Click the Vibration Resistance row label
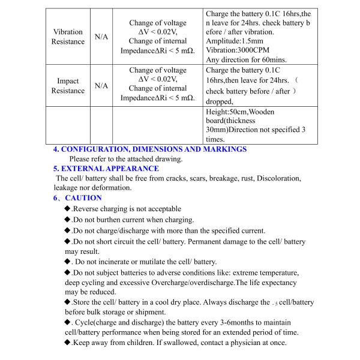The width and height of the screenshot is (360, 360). point(68,37)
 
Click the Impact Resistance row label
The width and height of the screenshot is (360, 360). point(68,86)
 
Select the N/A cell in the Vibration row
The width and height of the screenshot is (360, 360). point(101,37)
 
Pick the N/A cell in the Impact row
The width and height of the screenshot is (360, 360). point(101,86)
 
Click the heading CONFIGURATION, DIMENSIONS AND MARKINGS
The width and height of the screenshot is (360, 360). point(150,149)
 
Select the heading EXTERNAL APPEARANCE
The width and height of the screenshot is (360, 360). point(106,169)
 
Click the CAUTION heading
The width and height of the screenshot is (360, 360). point(83,197)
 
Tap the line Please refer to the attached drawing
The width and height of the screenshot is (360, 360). point(126,159)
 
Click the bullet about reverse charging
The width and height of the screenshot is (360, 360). point(126,209)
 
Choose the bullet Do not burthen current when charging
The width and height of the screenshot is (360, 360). point(133,220)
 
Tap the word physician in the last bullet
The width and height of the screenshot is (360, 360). point(226,343)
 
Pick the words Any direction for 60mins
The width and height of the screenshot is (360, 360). point(246,59)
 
